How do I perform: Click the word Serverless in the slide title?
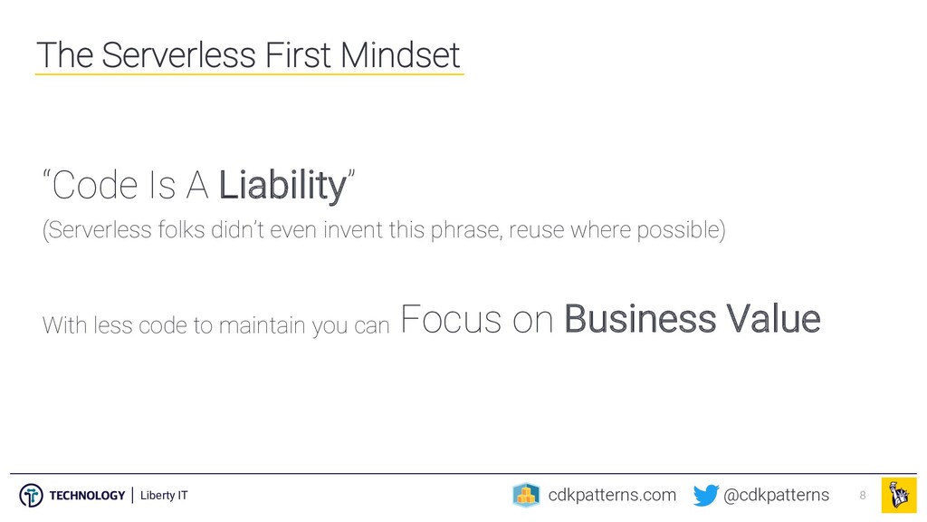(x=179, y=55)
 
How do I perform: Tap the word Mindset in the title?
(x=399, y=55)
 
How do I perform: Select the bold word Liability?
(x=282, y=186)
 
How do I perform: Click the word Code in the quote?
(x=94, y=185)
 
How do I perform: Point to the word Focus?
(x=451, y=319)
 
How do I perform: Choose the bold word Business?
(x=640, y=319)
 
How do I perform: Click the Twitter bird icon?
(x=706, y=496)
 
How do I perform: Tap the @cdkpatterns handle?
(x=776, y=495)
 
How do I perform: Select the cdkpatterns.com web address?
(x=612, y=495)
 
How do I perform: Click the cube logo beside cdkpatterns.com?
(x=526, y=496)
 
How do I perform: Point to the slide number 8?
(x=863, y=496)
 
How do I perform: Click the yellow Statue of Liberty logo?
(x=899, y=496)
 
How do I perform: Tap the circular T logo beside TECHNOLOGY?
(x=31, y=496)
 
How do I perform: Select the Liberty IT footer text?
(x=164, y=496)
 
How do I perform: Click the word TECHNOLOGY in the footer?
(x=87, y=496)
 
